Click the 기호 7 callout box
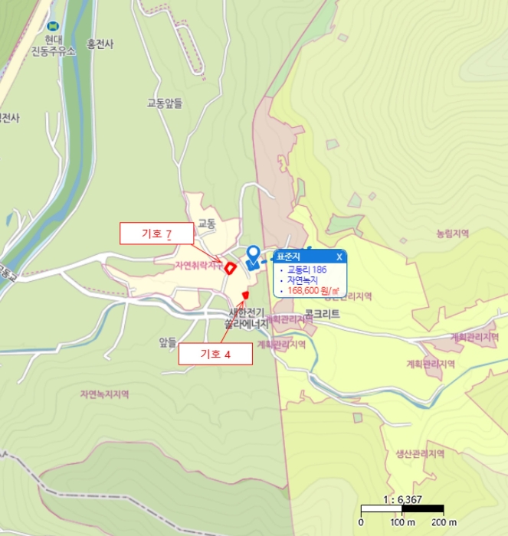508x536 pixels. pyautogui.click(x=157, y=233)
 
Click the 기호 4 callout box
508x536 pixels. pyautogui.click(x=215, y=353)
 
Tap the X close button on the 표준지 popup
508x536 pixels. pyautogui.click(x=339, y=257)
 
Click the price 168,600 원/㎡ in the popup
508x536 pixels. pyautogui.click(x=313, y=290)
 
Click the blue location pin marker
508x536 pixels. pyautogui.click(x=253, y=256)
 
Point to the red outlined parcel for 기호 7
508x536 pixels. pyautogui.click(x=229, y=267)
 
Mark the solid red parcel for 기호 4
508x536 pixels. pyautogui.click(x=245, y=296)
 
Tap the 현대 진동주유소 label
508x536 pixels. pyautogui.click(x=53, y=45)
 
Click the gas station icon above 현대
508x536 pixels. pyautogui.click(x=52, y=25)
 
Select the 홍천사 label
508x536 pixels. pyautogui.click(x=100, y=44)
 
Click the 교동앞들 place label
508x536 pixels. pyautogui.click(x=165, y=103)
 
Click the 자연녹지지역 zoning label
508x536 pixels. pyautogui.click(x=104, y=394)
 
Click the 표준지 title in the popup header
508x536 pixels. pyautogui.click(x=289, y=257)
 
